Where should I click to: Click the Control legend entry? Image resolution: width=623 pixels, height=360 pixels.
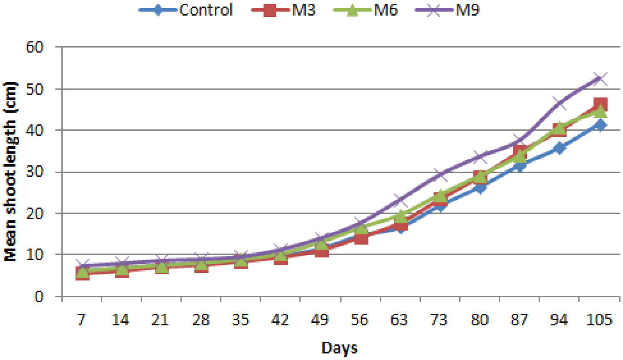click(x=186, y=10)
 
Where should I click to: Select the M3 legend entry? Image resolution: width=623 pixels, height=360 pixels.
click(x=284, y=10)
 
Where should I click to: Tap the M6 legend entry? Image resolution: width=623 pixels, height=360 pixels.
click(x=366, y=10)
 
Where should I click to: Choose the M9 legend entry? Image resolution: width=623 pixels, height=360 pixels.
click(x=447, y=10)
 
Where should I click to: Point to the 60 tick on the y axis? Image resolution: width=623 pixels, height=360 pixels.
click(x=34, y=47)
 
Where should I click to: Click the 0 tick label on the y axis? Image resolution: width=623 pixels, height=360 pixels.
click(x=39, y=296)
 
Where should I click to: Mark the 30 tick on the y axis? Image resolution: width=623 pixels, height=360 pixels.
click(x=34, y=172)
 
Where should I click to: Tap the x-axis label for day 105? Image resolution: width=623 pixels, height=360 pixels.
click(x=599, y=319)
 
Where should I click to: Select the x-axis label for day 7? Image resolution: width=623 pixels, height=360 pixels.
click(x=81, y=319)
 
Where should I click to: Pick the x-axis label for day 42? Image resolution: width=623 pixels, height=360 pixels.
click(x=280, y=319)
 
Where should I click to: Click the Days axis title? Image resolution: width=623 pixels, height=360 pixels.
click(x=339, y=348)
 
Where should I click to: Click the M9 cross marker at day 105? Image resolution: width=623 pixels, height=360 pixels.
click(x=600, y=78)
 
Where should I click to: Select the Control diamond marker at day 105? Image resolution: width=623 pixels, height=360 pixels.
click(x=600, y=125)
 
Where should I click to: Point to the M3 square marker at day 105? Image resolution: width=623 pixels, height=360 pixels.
click(x=600, y=104)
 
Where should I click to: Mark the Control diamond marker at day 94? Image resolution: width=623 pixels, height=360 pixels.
click(x=560, y=147)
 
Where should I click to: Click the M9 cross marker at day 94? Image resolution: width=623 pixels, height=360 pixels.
click(x=560, y=103)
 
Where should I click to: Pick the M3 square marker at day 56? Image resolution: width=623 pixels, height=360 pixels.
click(x=361, y=238)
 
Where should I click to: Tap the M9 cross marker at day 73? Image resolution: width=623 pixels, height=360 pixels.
click(x=439, y=174)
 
